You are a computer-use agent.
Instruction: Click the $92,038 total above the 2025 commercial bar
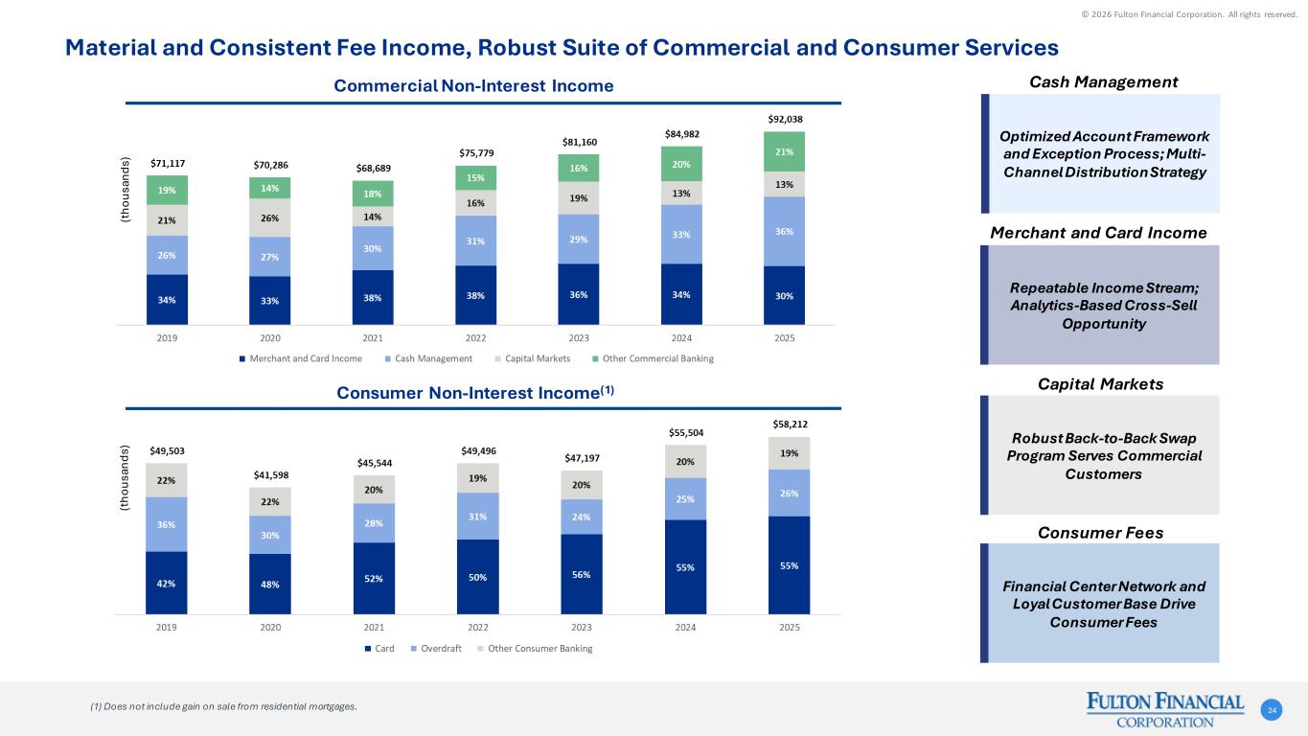(x=784, y=120)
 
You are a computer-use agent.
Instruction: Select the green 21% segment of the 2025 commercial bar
(x=784, y=152)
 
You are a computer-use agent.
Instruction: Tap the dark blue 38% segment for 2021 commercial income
(x=373, y=297)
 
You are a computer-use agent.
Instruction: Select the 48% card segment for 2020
(x=270, y=583)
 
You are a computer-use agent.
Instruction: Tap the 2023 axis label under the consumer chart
(x=582, y=628)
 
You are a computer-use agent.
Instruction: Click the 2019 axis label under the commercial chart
(x=167, y=338)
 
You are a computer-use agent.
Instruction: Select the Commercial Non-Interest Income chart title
(x=473, y=86)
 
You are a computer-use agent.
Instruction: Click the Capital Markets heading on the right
(x=1100, y=383)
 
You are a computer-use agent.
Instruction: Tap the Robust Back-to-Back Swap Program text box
(x=1104, y=456)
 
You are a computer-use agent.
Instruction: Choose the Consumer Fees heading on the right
(x=1100, y=532)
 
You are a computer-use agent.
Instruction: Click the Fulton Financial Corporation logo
(x=1165, y=710)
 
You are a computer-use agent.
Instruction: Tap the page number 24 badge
(x=1273, y=709)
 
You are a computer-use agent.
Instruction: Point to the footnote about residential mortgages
(x=222, y=707)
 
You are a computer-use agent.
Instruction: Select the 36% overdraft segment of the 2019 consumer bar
(x=167, y=524)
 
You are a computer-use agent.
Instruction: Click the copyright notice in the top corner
(x=1205, y=13)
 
